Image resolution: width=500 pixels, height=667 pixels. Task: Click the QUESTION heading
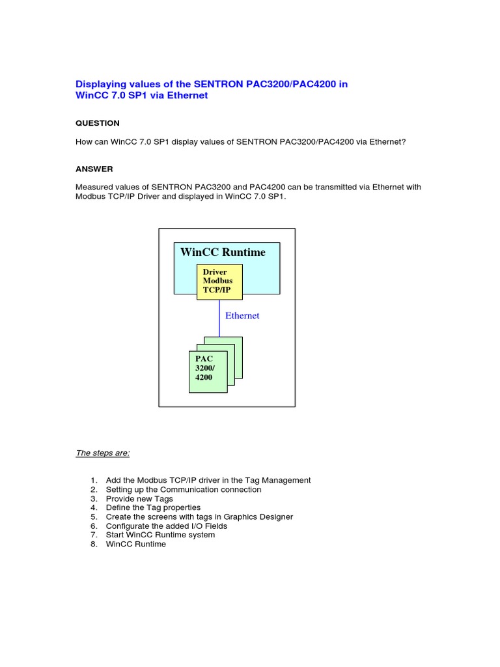point(98,123)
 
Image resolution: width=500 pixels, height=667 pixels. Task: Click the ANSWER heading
point(94,169)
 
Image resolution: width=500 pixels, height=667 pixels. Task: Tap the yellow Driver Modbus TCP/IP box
point(219,281)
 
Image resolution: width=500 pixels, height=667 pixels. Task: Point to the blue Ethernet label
point(242,316)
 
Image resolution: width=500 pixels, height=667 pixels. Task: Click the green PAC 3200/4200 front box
point(208,371)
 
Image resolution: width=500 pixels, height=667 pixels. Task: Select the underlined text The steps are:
point(103,453)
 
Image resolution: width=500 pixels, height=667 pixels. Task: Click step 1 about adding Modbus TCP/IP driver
point(208,480)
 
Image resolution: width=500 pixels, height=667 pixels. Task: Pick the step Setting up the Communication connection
point(184,489)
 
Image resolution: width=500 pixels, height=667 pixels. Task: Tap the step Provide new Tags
point(139,498)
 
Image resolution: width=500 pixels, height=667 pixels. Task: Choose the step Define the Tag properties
point(153,507)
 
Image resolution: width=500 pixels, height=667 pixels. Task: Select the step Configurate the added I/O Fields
point(175,526)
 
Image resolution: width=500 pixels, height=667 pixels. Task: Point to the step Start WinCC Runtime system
point(160,535)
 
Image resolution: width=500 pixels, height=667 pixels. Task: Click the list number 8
point(94,544)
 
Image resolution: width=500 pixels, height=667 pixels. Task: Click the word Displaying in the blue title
point(101,84)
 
